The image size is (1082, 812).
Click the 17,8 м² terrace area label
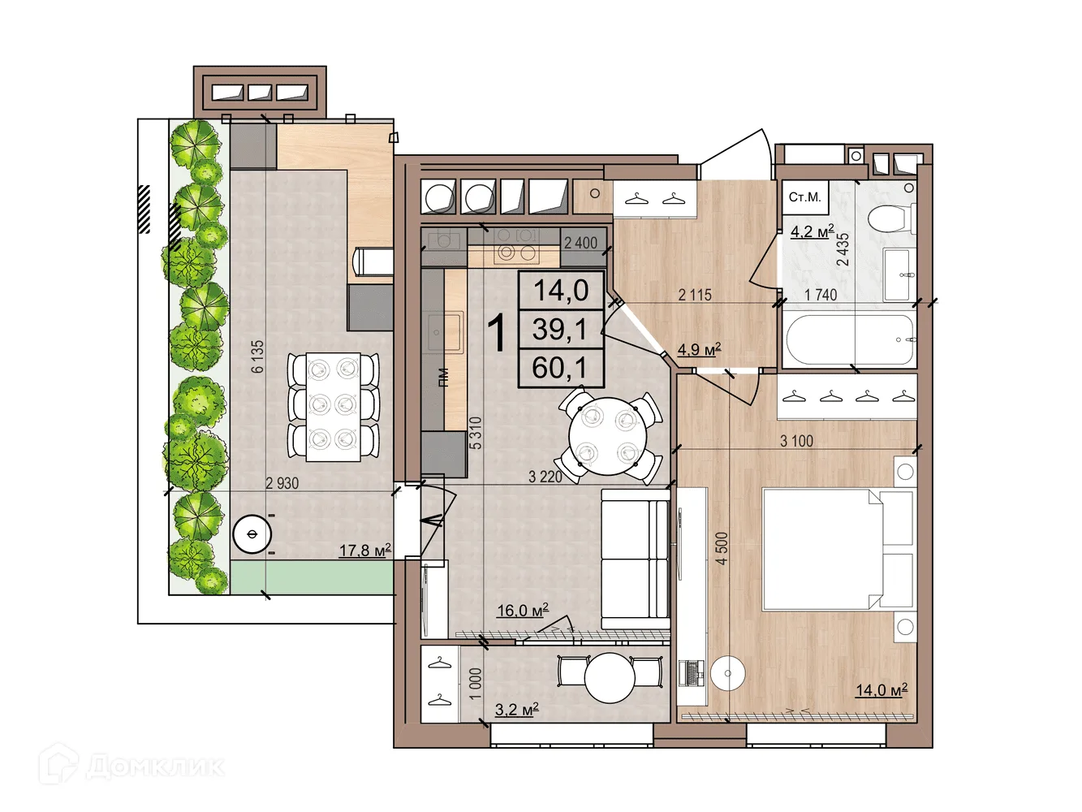[x=365, y=551]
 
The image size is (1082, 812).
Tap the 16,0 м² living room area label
[x=523, y=611]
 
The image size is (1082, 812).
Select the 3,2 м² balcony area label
[x=516, y=710]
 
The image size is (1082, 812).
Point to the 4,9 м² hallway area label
[x=699, y=349]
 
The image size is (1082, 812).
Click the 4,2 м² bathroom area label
[x=812, y=231]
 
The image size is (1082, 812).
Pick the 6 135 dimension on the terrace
[x=257, y=356]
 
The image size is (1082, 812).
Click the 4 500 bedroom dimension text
[x=722, y=548]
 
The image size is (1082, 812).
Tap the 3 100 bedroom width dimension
[x=796, y=441]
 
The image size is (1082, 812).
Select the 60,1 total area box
[x=560, y=368]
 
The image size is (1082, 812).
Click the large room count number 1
[x=497, y=334]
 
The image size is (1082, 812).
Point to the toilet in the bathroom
[x=892, y=218]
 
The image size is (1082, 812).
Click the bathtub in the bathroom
[x=850, y=339]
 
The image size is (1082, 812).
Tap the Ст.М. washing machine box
[x=805, y=197]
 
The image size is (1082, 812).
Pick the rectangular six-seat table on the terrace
[x=334, y=407]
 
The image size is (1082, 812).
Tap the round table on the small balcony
[x=610, y=678]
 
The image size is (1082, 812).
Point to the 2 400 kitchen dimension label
[x=580, y=243]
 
